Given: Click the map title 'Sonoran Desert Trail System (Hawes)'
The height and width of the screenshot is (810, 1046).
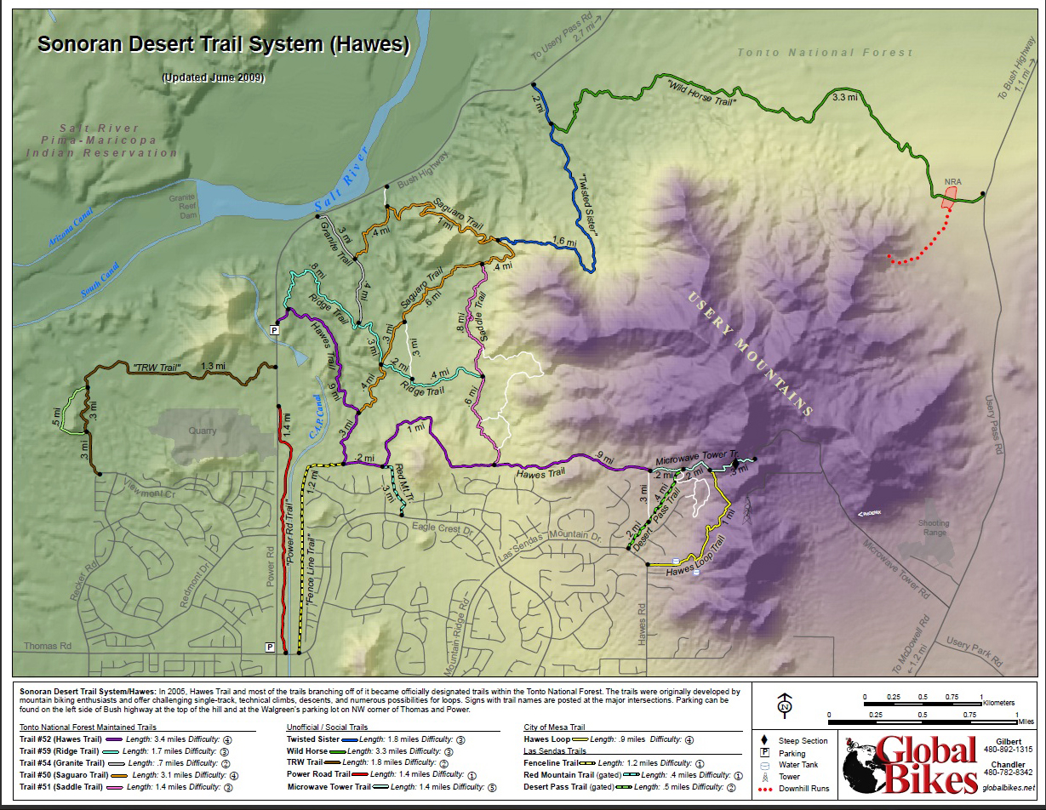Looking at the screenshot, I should [x=223, y=45].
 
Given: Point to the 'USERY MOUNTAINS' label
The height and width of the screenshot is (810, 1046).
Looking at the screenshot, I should [x=748, y=353].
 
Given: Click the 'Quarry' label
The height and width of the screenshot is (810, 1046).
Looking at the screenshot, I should [x=203, y=431].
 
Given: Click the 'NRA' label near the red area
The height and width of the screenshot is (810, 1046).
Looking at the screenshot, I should [x=952, y=182].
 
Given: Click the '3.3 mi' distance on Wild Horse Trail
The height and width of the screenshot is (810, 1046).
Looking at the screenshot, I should [x=844, y=98].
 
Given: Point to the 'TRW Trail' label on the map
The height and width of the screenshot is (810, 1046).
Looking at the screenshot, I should [x=158, y=368].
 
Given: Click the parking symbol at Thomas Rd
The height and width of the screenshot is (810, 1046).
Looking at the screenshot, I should [x=270, y=647].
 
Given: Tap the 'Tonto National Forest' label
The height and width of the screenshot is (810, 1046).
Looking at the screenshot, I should [x=825, y=53].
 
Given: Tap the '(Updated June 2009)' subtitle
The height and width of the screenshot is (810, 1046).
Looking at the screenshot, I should [x=213, y=77].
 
